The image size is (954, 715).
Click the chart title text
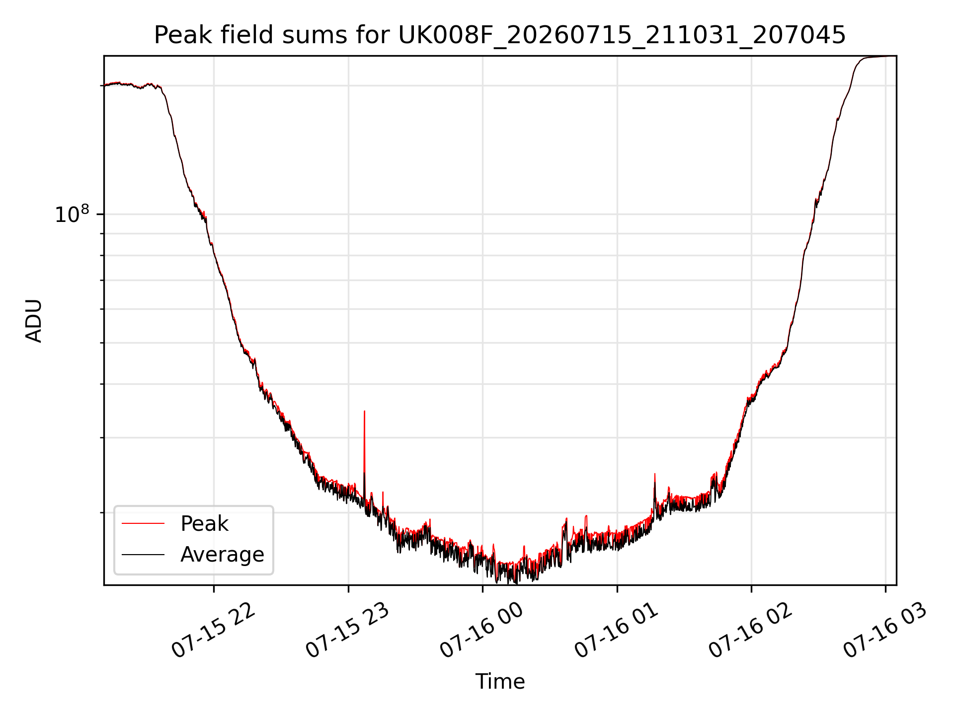point(500,35)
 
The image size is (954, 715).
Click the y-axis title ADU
point(34,321)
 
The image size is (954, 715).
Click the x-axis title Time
point(500,681)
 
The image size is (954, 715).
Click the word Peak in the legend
point(204,524)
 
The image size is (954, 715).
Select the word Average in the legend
point(222,554)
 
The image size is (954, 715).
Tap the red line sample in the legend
point(143,523)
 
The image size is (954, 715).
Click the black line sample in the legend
point(143,554)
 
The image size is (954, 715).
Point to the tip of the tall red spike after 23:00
point(364,411)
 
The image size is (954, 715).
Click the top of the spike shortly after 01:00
point(654,474)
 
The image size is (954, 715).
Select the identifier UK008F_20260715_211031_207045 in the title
point(622,36)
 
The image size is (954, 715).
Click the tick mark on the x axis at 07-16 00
point(482,589)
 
